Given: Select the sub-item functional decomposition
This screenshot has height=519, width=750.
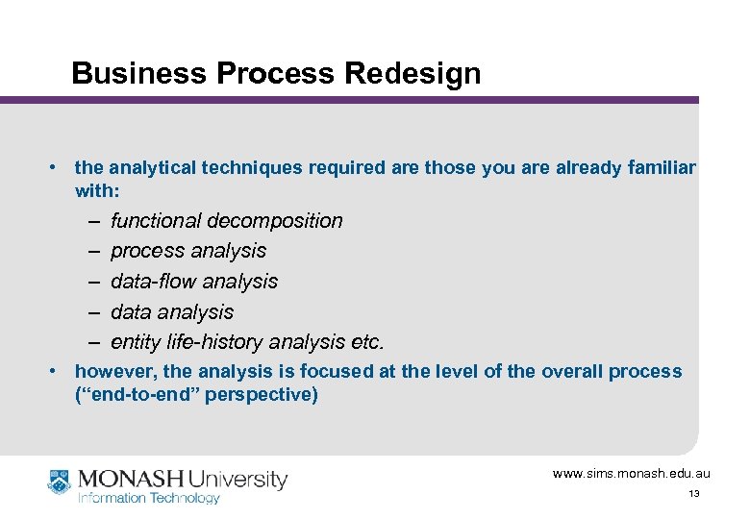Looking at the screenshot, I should pyautogui.click(x=226, y=221).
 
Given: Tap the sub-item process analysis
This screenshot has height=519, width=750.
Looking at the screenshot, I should pyautogui.click(x=188, y=251).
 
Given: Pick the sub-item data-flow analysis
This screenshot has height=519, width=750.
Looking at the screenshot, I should pyautogui.click(x=194, y=282).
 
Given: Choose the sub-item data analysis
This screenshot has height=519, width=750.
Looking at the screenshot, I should pyautogui.click(x=172, y=312).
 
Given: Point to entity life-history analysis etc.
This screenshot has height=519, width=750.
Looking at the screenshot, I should pyautogui.click(x=247, y=342).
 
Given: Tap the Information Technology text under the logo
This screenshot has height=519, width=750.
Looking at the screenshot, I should pyautogui.click(x=149, y=498).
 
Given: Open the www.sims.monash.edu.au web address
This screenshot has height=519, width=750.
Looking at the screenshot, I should pyautogui.click(x=631, y=474).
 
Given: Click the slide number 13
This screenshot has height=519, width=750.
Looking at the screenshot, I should pyautogui.click(x=693, y=494).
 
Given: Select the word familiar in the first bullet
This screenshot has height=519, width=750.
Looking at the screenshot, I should pyautogui.click(x=659, y=168).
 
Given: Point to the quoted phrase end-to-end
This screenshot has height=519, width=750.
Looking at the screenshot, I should pyautogui.click(x=136, y=394).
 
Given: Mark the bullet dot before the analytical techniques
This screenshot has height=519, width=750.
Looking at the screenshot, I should pyautogui.click(x=55, y=168).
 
